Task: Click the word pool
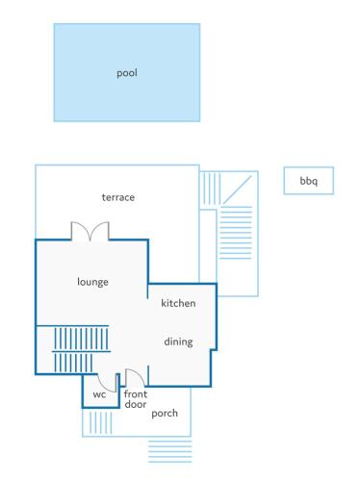[x=127, y=73]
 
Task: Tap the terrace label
[x=118, y=197]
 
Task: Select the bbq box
[x=309, y=181]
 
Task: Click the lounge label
[x=92, y=282]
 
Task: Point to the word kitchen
[x=178, y=303]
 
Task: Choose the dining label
[x=178, y=342]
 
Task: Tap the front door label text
[x=136, y=399]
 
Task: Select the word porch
[x=165, y=413]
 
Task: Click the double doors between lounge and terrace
[x=90, y=230]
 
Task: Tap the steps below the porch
[x=170, y=451]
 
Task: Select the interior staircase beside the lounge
[x=80, y=349]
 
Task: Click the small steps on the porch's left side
[x=100, y=422]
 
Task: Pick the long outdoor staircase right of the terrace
[x=236, y=233]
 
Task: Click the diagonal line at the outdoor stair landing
[x=237, y=190]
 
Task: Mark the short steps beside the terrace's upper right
[x=211, y=189]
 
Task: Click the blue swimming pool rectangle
[x=127, y=72]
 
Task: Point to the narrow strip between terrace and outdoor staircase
[x=208, y=246]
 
